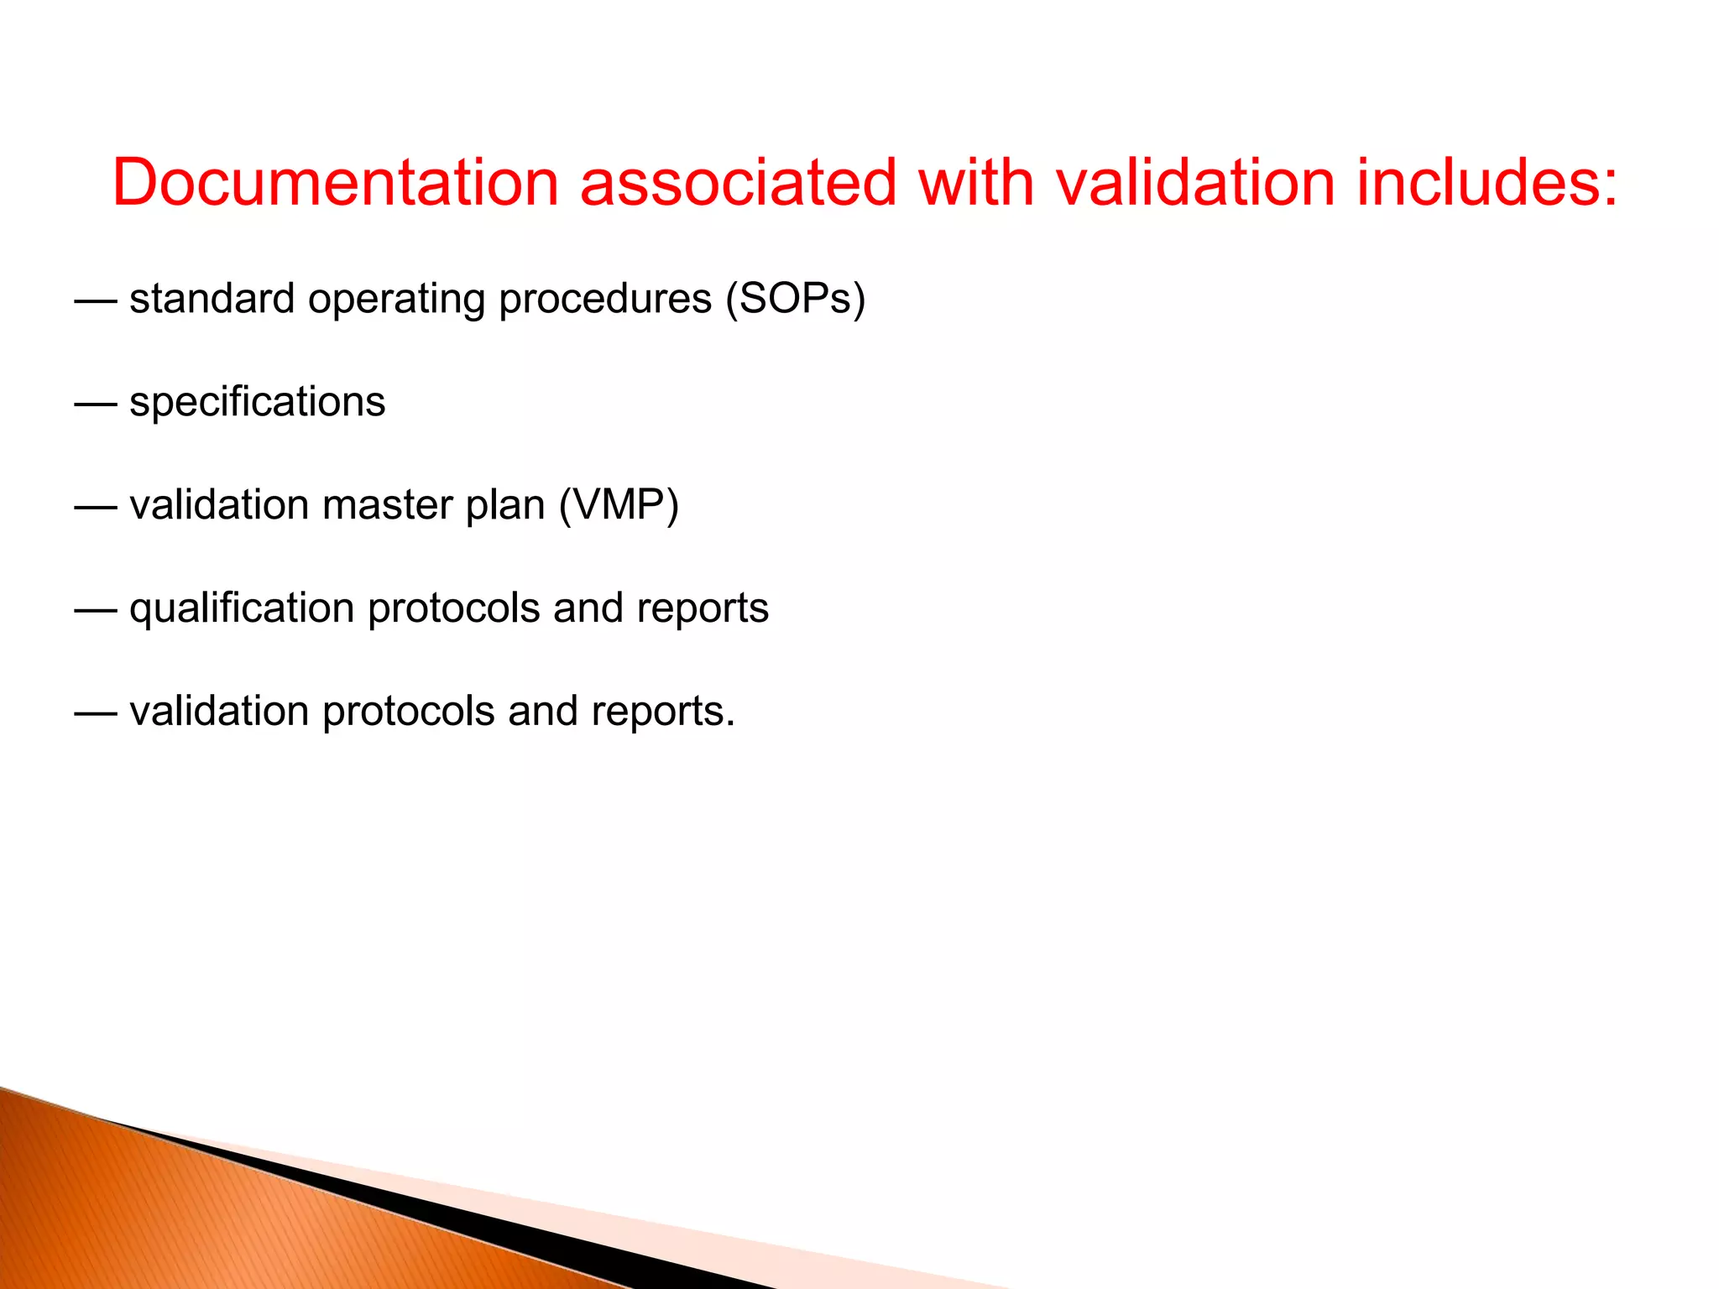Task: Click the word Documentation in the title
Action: [336, 182]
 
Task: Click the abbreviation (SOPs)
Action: [796, 299]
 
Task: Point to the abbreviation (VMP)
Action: [619, 505]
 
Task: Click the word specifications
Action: [257, 402]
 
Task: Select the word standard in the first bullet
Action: [212, 299]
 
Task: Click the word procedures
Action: [604, 299]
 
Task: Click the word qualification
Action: [242, 608]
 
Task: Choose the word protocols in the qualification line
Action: [453, 608]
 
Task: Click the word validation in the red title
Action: [1195, 182]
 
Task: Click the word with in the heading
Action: [976, 182]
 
